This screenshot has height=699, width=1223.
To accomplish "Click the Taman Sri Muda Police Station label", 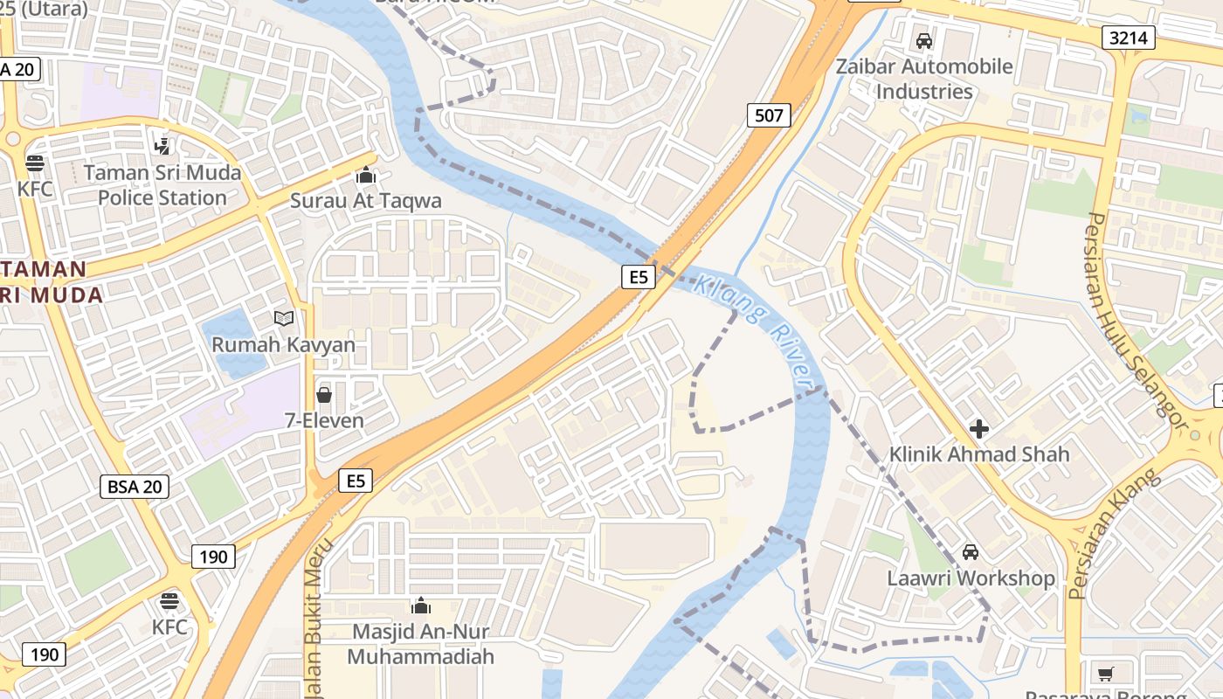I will click(x=162, y=185).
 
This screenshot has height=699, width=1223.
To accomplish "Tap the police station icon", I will click(x=162, y=146).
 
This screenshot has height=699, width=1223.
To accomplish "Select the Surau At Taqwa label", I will click(x=366, y=201).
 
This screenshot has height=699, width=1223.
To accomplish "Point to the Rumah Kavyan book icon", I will click(x=284, y=319).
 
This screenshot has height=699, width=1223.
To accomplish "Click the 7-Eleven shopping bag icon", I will click(x=324, y=395).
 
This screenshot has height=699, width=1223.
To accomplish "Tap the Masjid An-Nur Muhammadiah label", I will click(x=421, y=644).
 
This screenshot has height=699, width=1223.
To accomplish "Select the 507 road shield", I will click(x=769, y=114).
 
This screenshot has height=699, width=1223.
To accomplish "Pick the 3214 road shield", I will click(x=1129, y=37).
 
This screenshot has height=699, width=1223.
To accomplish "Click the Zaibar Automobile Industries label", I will click(x=924, y=79).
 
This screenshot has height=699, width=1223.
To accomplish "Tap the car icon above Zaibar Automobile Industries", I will click(x=924, y=40).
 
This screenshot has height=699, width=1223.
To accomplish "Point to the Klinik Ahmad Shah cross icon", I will click(x=979, y=429).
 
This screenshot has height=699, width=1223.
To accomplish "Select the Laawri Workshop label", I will click(x=971, y=578).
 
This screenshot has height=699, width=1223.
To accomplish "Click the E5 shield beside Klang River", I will click(x=639, y=277).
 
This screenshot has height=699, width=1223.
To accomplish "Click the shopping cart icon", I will click(x=1105, y=674).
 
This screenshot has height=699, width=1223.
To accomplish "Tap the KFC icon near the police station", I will click(x=35, y=163).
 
